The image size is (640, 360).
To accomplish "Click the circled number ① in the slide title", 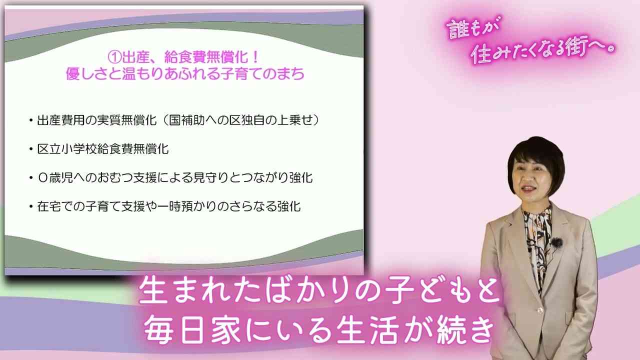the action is [x=114, y=57].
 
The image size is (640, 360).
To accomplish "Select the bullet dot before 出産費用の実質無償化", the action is [x=31, y=121].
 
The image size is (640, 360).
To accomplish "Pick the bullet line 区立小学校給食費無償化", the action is [x=103, y=149].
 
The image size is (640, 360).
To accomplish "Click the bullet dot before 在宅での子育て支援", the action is [x=31, y=207].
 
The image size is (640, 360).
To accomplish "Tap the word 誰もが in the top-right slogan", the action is [x=472, y=28].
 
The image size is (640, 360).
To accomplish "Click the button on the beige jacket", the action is [x=539, y=310].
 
